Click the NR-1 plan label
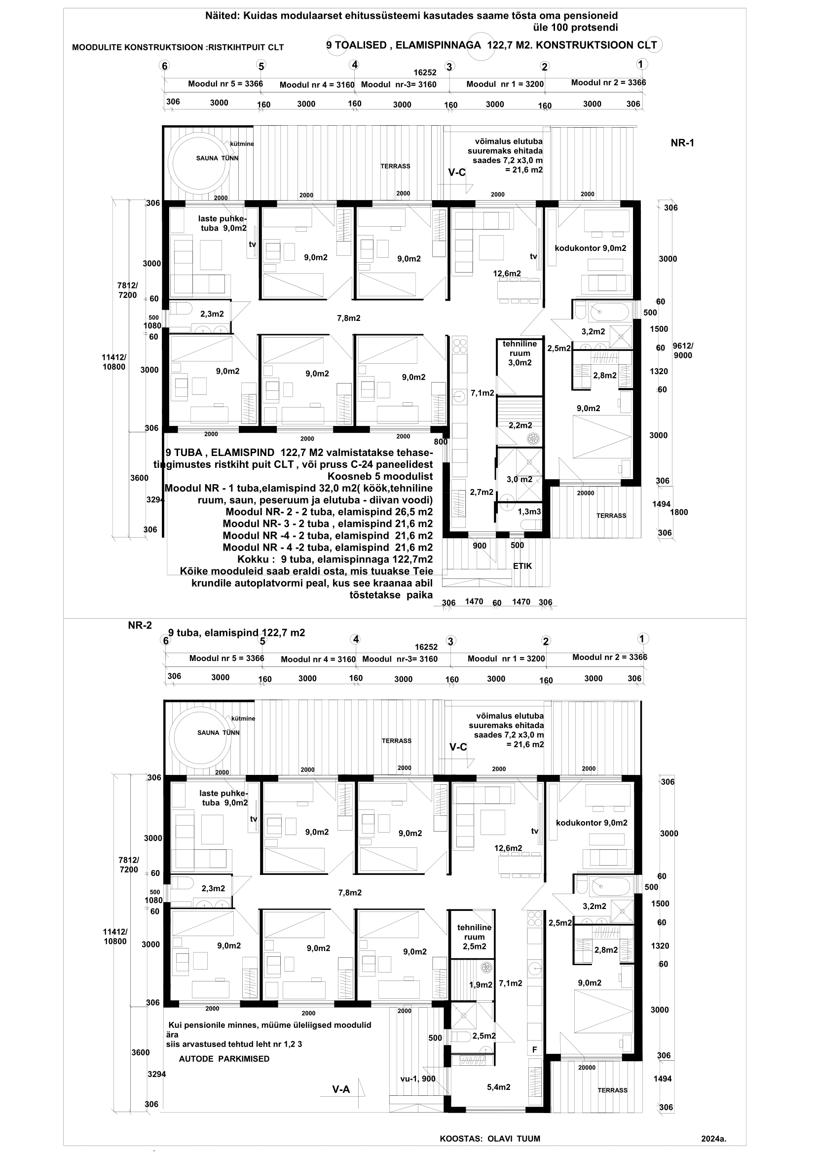(682, 143)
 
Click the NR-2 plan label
(140, 626)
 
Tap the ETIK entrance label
(522, 566)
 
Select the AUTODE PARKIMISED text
(224, 1058)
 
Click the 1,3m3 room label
(529, 511)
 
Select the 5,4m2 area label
(498, 1087)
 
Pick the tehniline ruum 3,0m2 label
(519, 353)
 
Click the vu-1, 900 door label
(417, 1079)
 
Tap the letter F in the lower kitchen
(535, 1049)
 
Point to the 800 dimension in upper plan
(441, 442)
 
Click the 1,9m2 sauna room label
(481, 985)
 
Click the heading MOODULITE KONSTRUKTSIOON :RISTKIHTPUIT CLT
(178, 48)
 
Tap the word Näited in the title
(222, 16)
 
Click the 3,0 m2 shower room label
(519, 480)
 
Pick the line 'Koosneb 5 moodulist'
(380, 476)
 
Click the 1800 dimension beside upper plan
(679, 512)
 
